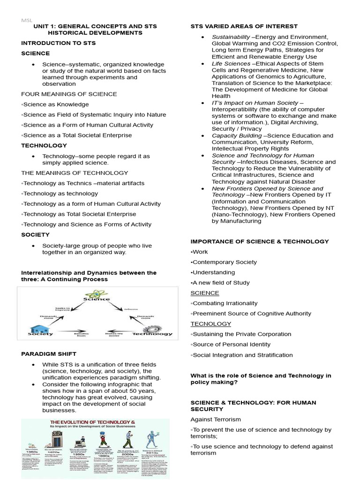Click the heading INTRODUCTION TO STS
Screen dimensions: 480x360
[x=58, y=43]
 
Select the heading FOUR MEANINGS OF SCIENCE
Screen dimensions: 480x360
[x=69, y=94]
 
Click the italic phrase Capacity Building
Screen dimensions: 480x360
[x=237, y=135]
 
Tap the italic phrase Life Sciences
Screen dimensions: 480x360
[x=231, y=63]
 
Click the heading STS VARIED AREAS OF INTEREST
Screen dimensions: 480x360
[x=244, y=26]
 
